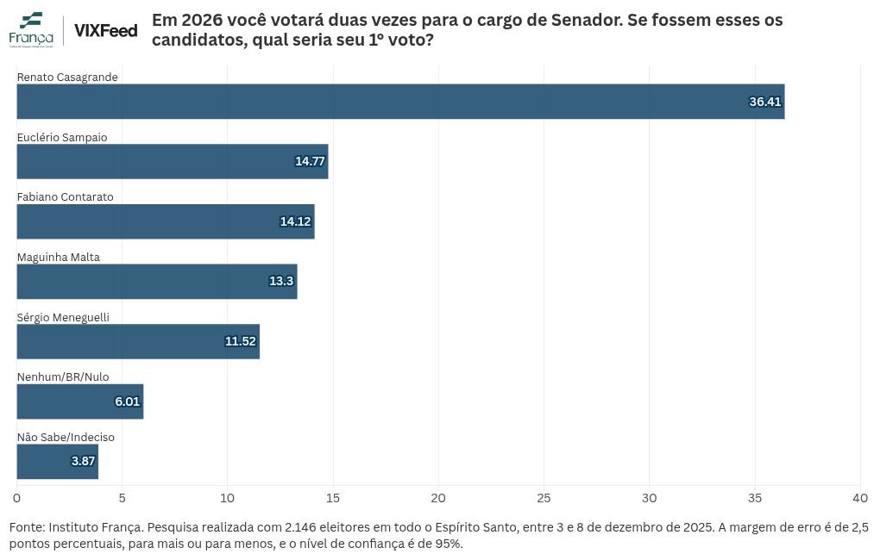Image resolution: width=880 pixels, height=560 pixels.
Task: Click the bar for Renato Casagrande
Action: point(400,102)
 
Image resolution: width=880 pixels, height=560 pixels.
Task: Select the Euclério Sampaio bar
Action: point(173,161)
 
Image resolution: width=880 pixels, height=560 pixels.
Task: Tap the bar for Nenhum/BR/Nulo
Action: point(80,401)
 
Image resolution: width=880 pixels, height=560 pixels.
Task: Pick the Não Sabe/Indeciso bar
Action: point(58,461)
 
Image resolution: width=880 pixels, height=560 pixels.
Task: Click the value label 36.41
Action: point(765,102)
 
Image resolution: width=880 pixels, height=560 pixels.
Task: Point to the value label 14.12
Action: point(295,221)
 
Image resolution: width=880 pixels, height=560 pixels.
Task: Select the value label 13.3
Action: point(281,281)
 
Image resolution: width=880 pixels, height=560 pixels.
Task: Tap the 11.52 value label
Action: point(240,341)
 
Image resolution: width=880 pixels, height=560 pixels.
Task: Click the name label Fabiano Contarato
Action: point(65,196)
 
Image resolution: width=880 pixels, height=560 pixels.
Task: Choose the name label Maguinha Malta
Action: point(59,258)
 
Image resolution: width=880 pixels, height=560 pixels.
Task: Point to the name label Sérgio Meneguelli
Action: point(63,317)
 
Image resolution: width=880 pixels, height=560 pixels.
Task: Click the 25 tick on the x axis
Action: point(544,498)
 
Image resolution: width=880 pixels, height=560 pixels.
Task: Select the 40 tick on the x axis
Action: point(860,498)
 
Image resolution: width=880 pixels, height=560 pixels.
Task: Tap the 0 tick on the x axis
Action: point(17,498)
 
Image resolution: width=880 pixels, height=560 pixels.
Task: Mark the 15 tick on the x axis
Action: point(333,498)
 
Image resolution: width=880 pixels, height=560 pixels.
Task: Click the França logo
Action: point(31,29)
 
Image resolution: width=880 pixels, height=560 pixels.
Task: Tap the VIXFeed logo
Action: point(106,30)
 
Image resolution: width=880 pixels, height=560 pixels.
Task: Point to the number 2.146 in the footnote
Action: point(300,527)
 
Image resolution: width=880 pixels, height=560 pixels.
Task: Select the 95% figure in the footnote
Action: point(449,544)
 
